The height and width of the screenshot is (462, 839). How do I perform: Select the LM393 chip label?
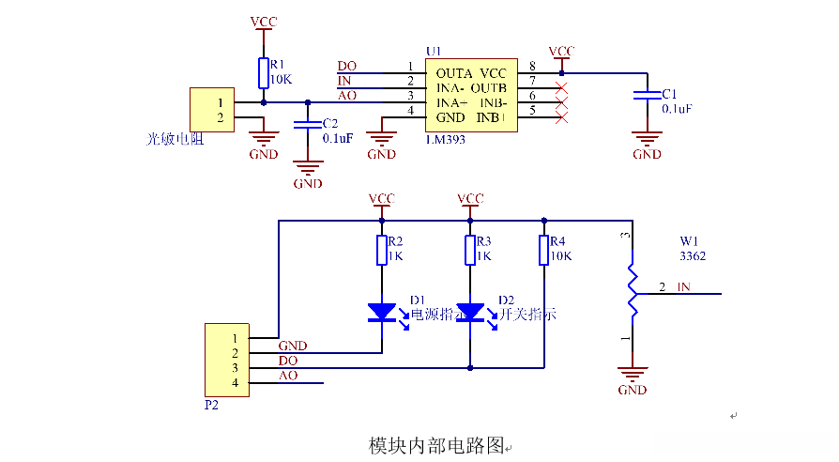(446, 139)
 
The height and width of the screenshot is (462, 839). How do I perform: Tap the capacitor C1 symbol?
(646, 95)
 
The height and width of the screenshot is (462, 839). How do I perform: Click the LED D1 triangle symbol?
(381, 312)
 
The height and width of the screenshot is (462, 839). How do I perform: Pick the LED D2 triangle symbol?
(469, 312)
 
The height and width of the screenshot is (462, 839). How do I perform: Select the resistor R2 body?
(381, 251)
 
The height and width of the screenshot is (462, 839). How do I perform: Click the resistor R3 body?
(469, 251)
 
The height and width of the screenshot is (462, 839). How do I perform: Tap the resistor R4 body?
(543, 251)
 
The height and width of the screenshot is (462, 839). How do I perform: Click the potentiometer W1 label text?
(690, 240)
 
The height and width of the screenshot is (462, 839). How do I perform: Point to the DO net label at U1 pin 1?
(347, 66)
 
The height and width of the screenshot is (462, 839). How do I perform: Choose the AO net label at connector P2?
(288, 376)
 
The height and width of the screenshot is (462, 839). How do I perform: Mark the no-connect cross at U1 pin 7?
(561, 87)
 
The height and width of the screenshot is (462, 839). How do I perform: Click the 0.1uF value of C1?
(677, 109)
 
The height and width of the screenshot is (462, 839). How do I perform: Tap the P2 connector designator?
(211, 407)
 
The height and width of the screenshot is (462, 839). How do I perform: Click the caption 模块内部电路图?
(436, 444)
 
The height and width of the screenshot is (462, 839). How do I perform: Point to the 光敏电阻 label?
(175, 139)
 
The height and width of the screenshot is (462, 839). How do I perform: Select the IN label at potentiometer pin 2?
(684, 286)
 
